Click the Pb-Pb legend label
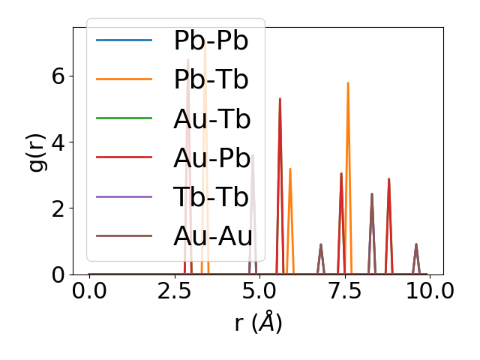click(x=211, y=41)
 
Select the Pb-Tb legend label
click(x=211, y=80)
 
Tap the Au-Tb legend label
click(x=211, y=119)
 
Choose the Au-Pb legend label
click(x=211, y=158)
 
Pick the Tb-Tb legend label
click(x=211, y=197)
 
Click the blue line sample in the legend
click(x=124, y=40)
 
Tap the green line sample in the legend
click(x=124, y=118)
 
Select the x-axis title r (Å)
click(x=258, y=322)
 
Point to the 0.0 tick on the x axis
click(x=89, y=291)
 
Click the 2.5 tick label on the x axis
click(x=174, y=291)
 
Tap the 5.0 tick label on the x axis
click(x=259, y=291)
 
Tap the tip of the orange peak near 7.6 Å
click(x=348, y=83)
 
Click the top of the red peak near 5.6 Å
click(x=280, y=99)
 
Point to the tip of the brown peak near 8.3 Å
click(x=372, y=194)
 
